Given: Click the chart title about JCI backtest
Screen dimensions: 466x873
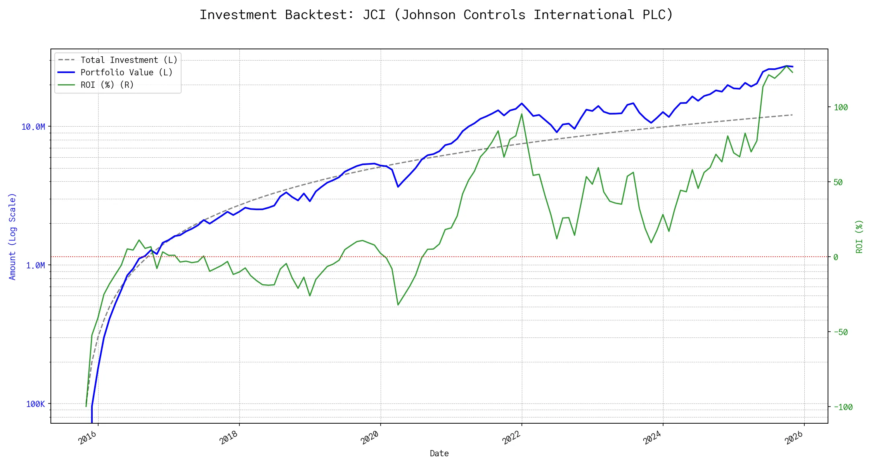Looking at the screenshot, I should [x=436, y=15].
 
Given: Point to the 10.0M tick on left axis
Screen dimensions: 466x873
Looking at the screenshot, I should [x=33, y=127].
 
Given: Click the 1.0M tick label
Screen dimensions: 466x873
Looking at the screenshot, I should [x=35, y=266].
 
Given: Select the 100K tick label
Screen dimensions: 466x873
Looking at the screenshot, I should [x=35, y=404].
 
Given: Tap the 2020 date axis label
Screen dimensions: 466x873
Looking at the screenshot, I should [x=370, y=438].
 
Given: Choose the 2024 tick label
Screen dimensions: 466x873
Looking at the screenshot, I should [x=653, y=438].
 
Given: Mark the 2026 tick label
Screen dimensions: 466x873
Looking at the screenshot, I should [x=794, y=438].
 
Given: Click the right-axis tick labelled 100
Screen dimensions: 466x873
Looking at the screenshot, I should [x=841, y=108].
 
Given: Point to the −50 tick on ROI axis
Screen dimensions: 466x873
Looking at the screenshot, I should [x=840, y=332].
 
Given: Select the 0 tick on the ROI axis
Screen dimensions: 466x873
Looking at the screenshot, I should [x=836, y=257].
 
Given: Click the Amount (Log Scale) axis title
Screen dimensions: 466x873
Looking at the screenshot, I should [x=12, y=236].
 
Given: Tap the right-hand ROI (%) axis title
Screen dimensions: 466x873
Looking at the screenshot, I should [x=859, y=236].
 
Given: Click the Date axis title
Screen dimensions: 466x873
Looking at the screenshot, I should [x=439, y=454].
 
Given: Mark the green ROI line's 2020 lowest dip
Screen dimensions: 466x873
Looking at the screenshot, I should [x=398, y=305].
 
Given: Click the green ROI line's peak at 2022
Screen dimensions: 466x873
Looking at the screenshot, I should [x=521, y=114].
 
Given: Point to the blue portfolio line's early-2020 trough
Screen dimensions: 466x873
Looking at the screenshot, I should [x=398, y=187].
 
